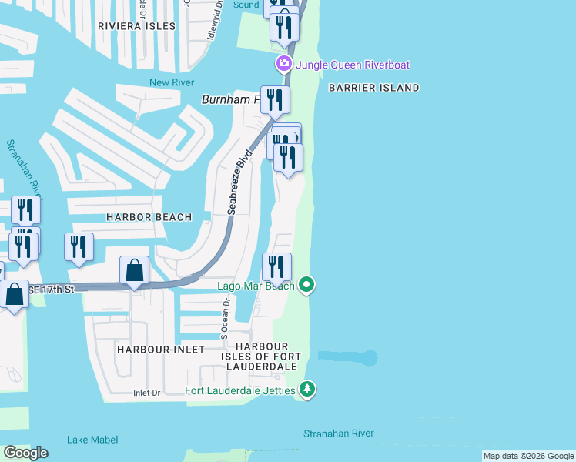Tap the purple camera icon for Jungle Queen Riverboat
283,63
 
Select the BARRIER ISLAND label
373,88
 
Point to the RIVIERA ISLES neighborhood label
137,26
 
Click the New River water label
172,82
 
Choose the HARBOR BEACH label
149,217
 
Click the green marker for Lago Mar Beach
306,286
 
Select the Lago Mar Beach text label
256,286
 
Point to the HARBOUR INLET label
161,350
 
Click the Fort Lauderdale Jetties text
240,391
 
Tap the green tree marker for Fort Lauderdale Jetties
307,390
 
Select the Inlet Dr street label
146,393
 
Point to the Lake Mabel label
92,440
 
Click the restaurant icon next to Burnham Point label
275,99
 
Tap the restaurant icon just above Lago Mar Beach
276,266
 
